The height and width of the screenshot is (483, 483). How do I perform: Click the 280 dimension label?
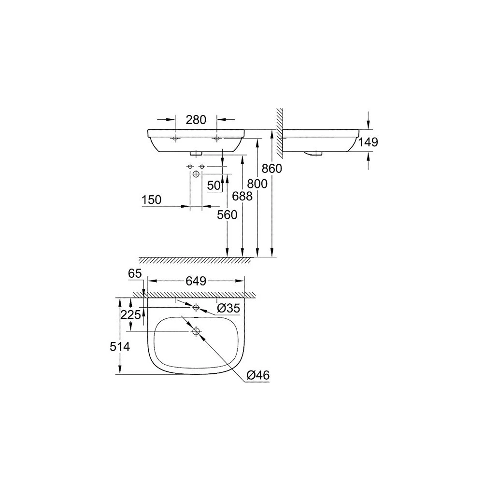click(x=196, y=119)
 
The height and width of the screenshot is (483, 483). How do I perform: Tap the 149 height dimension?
click(x=368, y=142)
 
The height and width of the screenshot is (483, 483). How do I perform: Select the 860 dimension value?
click(x=271, y=169)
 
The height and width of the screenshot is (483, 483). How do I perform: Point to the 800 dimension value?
click(x=257, y=184)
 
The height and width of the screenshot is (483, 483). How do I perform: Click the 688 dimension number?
click(x=242, y=196)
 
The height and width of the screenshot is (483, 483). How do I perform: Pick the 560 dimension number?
click(x=227, y=215)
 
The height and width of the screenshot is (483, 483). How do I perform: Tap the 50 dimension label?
click(x=214, y=185)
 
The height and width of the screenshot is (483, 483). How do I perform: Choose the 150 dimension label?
click(x=151, y=200)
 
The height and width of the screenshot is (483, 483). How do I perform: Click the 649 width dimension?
click(x=196, y=281)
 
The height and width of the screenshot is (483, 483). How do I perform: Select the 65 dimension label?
click(x=135, y=273)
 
